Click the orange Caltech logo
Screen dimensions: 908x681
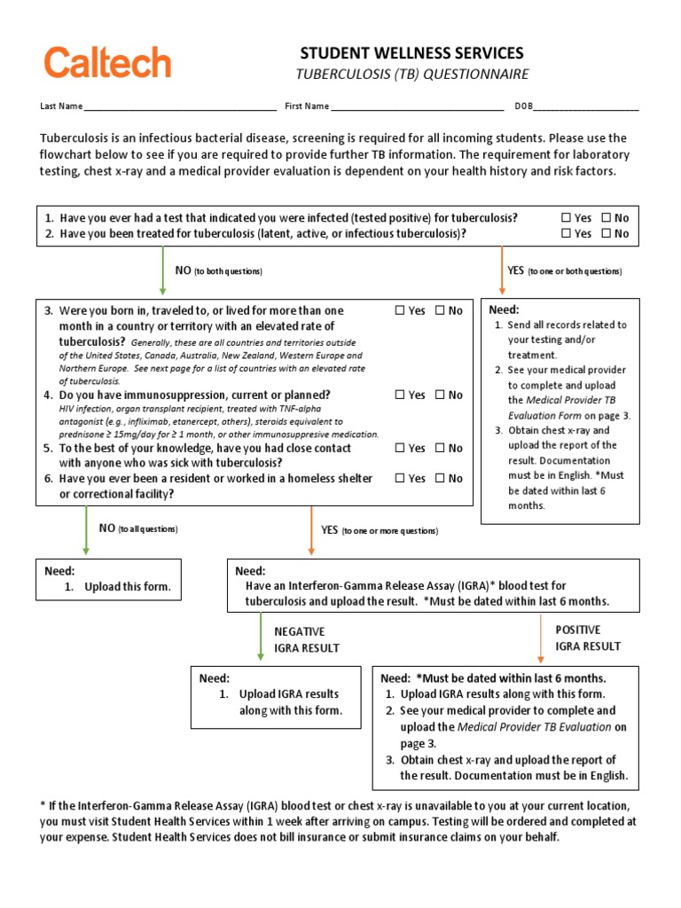107,62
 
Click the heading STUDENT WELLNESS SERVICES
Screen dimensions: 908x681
411,53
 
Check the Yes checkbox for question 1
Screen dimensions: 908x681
567,218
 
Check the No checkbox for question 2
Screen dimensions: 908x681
607,234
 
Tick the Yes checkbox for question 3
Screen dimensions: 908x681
400,311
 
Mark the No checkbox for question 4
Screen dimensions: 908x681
440,395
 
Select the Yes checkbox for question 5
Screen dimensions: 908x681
400,449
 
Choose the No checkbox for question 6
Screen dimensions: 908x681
440,479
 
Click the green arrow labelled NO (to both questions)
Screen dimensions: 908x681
162,270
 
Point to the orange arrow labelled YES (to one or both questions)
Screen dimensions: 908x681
502,270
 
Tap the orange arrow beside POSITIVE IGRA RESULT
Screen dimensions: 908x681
541,638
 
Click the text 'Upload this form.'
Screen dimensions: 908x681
128,587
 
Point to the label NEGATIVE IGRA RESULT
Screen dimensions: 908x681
306,639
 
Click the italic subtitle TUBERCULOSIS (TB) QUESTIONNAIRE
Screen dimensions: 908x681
411,74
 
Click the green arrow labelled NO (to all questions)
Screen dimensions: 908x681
86,529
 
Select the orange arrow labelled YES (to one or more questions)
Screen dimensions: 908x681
311,530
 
